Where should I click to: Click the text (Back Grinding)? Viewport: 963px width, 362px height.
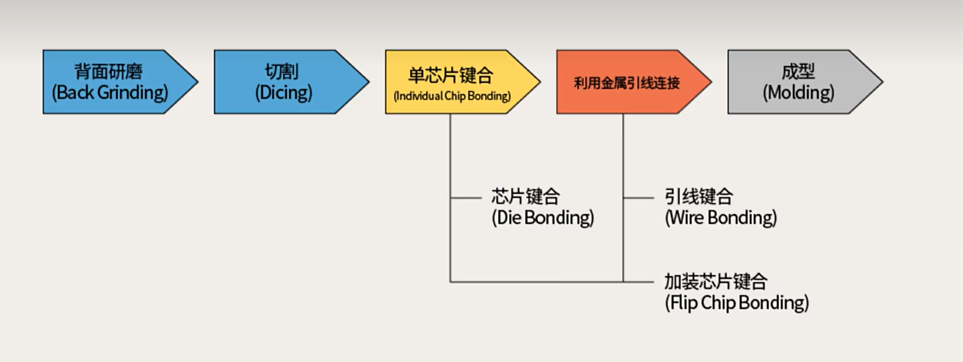tap(110, 93)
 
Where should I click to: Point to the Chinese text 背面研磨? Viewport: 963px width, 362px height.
tap(108, 72)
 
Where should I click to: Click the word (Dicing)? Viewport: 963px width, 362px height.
tap(284, 93)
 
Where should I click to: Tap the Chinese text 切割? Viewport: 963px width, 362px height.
tap(282, 72)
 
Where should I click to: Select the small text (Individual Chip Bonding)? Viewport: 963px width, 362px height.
tap(452, 96)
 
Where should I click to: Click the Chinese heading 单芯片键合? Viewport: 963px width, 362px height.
tap(451, 75)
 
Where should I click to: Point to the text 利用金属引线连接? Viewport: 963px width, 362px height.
tap(627, 83)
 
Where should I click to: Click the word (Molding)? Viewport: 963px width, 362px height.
tap(798, 93)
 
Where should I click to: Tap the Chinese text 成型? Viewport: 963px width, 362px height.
tap(798, 72)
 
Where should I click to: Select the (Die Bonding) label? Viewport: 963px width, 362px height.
tap(543, 218)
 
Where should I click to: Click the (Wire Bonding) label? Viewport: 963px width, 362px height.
tap(720, 218)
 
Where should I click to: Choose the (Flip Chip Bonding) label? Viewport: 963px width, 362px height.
tap(737, 303)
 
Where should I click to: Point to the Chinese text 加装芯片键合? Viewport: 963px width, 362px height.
tap(716, 281)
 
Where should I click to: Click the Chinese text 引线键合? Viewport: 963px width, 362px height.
tap(699, 197)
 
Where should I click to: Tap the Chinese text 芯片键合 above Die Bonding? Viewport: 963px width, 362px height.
tap(526, 197)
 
